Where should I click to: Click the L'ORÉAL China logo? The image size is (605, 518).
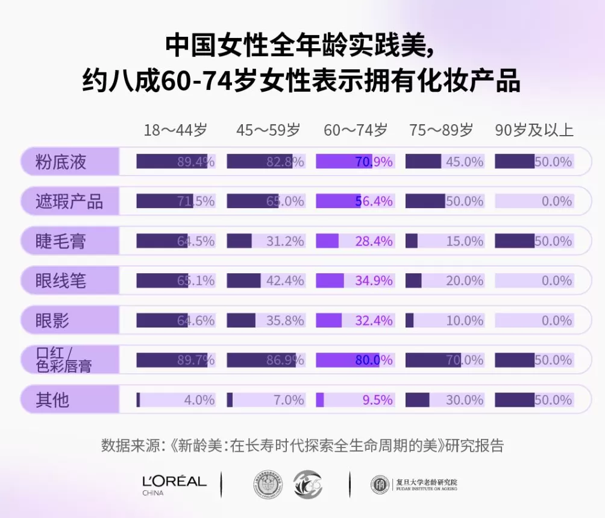coord(174,484)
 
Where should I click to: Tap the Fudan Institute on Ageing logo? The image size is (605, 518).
coord(414,484)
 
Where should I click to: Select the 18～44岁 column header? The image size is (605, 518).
coord(175,130)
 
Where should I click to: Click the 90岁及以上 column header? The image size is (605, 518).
coord(534,130)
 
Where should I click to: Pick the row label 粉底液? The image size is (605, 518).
coord(61,162)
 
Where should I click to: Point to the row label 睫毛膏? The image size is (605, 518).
coord(61,241)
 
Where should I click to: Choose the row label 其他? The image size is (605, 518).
coord(52,400)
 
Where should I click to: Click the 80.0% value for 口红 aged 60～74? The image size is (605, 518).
coord(374,360)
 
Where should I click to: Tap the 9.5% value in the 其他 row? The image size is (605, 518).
coord(377,400)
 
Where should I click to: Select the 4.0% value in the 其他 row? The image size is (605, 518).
coord(199,400)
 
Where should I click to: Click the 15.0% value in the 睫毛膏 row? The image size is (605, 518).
coord(464,241)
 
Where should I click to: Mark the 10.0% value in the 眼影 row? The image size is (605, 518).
coord(464,320)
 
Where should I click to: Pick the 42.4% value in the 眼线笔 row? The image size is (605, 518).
coord(285,281)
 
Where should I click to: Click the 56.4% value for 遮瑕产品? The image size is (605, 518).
coord(374,201)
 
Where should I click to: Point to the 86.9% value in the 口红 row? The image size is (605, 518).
coord(285,360)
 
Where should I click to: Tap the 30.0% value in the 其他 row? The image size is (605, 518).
coord(464,400)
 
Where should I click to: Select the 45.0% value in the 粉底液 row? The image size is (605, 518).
coord(464,162)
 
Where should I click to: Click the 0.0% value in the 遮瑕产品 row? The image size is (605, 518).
coord(556,201)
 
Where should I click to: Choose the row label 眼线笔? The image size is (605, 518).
coord(61,281)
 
